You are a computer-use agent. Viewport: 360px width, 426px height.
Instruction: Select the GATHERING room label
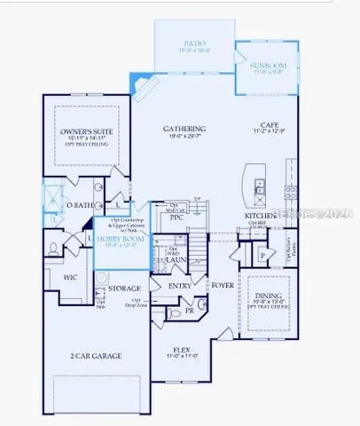[184, 129]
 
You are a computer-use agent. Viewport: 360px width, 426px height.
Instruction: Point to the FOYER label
[222, 285]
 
